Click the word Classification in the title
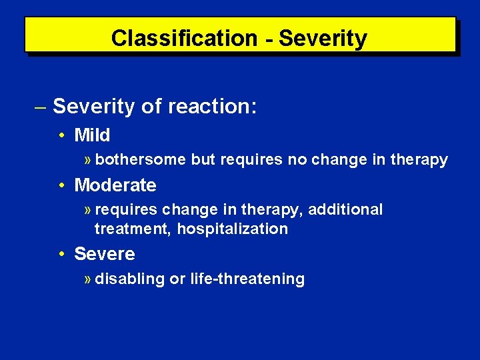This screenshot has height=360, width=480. [x=183, y=38]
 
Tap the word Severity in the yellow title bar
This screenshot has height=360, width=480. [x=323, y=38]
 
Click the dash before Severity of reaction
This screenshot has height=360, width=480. [x=40, y=106]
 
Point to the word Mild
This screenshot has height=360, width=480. [x=92, y=135]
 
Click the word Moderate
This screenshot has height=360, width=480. [x=115, y=185]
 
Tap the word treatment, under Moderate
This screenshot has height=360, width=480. [x=133, y=229]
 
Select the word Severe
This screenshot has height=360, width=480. [x=105, y=254]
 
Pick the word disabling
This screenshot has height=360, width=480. [x=129, y=279]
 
